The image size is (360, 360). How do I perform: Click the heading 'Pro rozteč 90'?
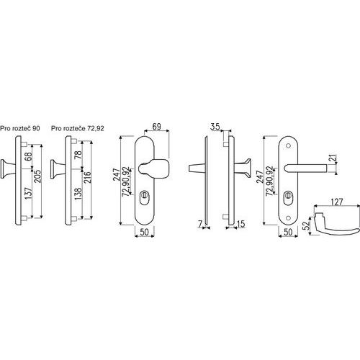tap(20, 128)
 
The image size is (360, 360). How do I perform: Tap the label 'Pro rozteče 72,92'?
tap(78, 128)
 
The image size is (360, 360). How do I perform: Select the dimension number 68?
tap(28, 156)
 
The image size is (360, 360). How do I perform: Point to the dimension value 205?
tap(37, 176)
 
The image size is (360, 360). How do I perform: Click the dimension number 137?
tap(28, 194)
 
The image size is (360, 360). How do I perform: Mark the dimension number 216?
tap(88, 177)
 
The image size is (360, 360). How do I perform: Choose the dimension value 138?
tap(78, 194)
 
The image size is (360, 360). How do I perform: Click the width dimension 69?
tap(156, 127)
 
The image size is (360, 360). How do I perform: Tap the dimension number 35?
tap(215, 127)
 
